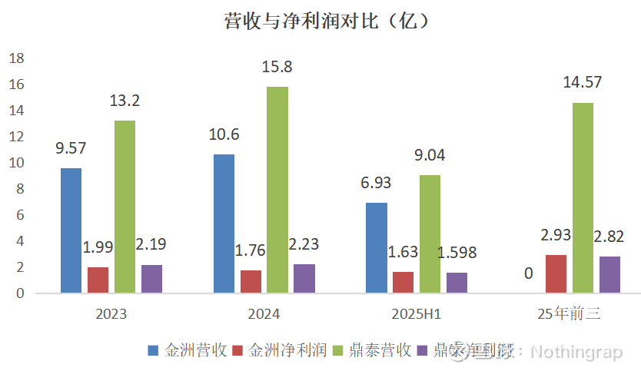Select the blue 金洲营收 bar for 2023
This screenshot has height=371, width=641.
pyautogui.click(x=71, y=230)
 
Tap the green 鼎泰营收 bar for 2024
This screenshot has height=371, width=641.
pyautogui.click(x=277, y=190)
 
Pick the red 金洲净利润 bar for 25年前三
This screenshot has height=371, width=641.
pyautogui.click(x=556, y=273)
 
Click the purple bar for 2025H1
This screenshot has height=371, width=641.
pyautogui.click(x=457, y=283)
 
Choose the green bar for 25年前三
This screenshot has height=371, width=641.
pyautogui.click(x=583, y=197)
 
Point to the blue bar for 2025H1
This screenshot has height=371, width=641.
pyautogui.click(x=377, y=247)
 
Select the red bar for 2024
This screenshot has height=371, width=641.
pyautogui.click(x=251, y=281)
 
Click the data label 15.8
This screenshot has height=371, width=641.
pyautogui.click(x=277, y=67)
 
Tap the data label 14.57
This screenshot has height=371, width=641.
pyautogui.click(x=582, y=83)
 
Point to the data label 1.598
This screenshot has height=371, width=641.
pyautogui.click(x=457, y=253)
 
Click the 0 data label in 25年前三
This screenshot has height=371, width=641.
pyautogui.click(x=529, y=273)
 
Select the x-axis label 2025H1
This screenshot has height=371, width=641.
pyautogui.click(x=417, y=314)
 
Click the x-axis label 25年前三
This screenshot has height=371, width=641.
pyautogui.click(x=569, y=314)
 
